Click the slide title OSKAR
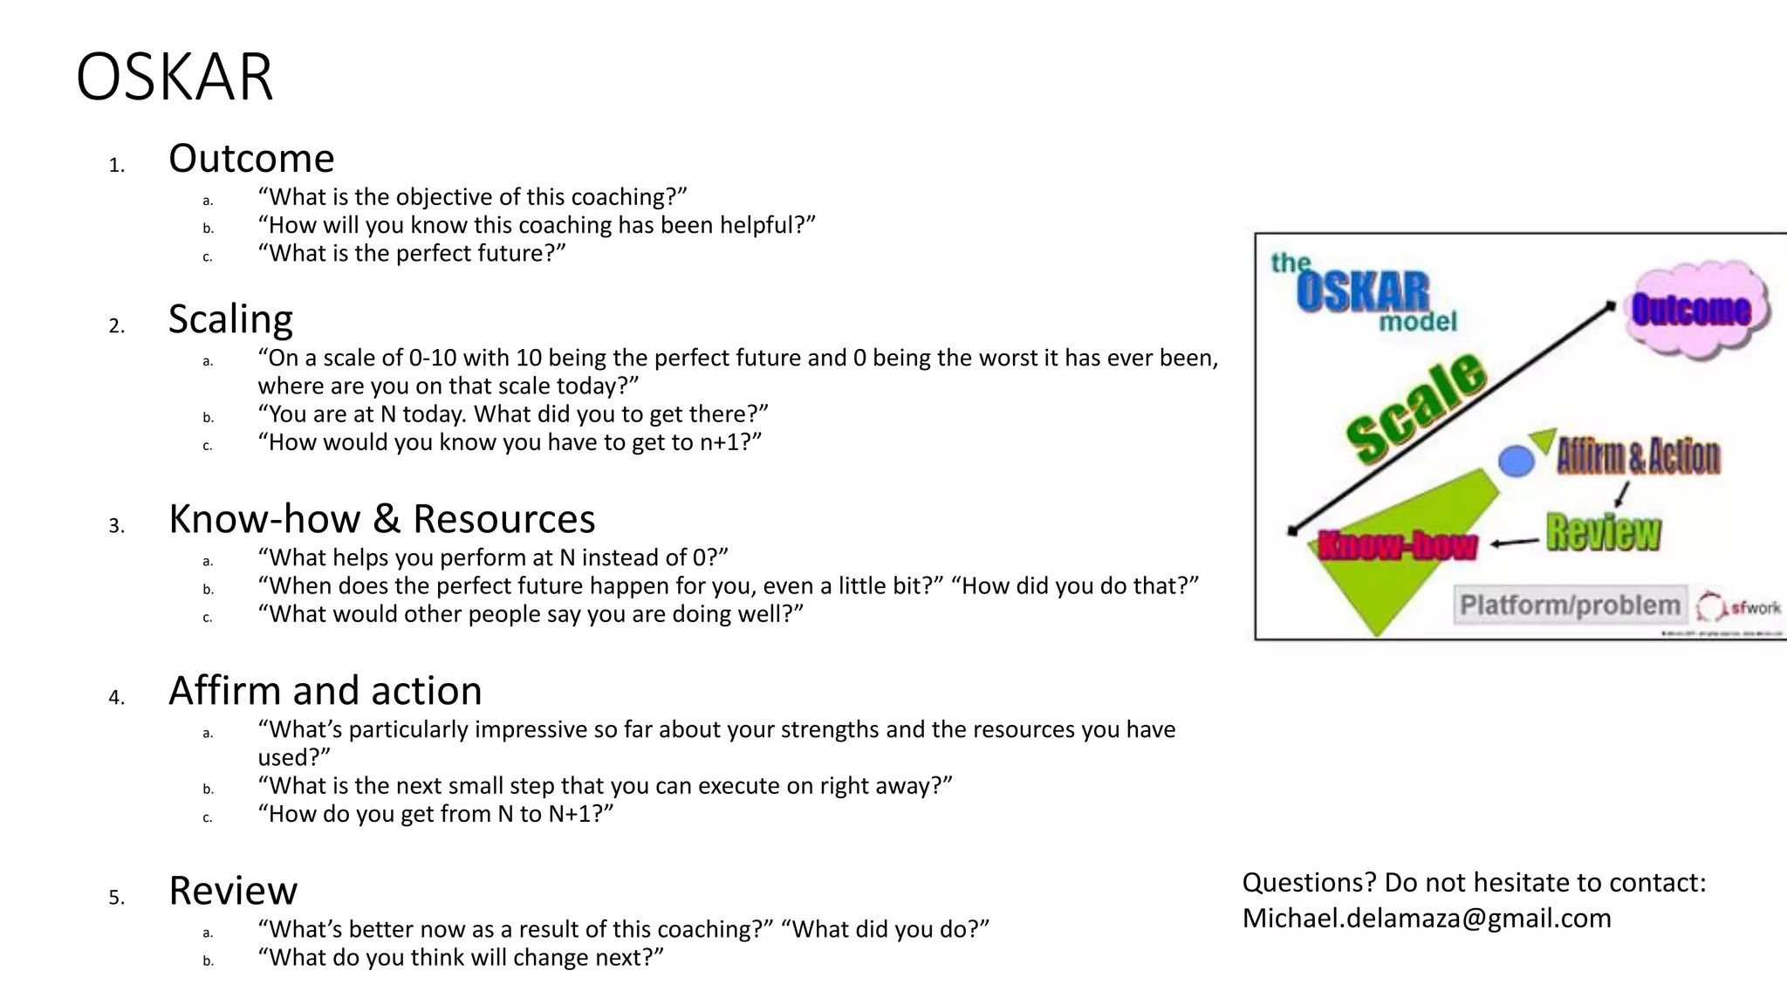point(175,78)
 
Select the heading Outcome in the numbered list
point(251,159)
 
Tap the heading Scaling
point(230,319)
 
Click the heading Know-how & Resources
point(381,519)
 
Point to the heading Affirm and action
point(325,691)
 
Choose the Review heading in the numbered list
point(233,891)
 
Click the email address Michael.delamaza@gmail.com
point(1426,918)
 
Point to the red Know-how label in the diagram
point(1397,545)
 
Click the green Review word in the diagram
point(1603,532)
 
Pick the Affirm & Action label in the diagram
point(1639,456)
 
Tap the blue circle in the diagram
point(1517,461)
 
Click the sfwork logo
point(1739,606)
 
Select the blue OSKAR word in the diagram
point(1362,292)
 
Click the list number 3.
point(117,526)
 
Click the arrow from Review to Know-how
point(1515,543)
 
